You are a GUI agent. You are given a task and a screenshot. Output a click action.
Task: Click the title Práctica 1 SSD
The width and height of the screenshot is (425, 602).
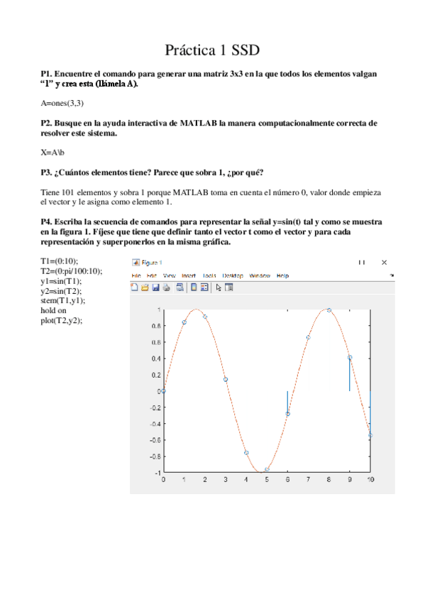coord(212,50)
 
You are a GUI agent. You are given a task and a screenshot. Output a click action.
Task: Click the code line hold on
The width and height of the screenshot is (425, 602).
coord(54,310)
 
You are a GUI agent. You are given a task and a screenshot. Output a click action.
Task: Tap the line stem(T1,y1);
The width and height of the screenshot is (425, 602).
coord(62,301)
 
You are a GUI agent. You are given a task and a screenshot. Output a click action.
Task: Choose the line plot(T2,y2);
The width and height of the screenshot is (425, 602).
coord(62,320)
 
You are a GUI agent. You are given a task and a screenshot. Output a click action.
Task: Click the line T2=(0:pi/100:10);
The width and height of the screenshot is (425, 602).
coord(72,270)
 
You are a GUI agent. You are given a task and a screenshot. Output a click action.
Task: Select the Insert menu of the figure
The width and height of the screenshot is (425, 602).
coord(189,275)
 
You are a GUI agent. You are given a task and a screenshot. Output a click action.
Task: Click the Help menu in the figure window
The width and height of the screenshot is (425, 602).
coord(282,275)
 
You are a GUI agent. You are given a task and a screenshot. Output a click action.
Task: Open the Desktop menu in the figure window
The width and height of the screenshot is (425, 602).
coord(233,275)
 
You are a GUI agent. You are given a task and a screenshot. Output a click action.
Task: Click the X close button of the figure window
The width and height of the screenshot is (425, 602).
coord(385,262)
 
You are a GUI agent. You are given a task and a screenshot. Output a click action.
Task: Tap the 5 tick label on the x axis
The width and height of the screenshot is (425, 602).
coord(267,480)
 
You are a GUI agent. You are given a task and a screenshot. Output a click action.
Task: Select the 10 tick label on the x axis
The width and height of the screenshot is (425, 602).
coord(370,480)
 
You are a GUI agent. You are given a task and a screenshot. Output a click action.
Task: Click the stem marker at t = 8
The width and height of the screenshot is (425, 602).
coord(329,310)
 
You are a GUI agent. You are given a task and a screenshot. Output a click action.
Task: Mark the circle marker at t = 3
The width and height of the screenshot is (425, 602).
coord(226,379)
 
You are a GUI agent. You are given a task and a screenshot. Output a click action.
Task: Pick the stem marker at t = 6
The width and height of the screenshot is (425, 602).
coord(287,413)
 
